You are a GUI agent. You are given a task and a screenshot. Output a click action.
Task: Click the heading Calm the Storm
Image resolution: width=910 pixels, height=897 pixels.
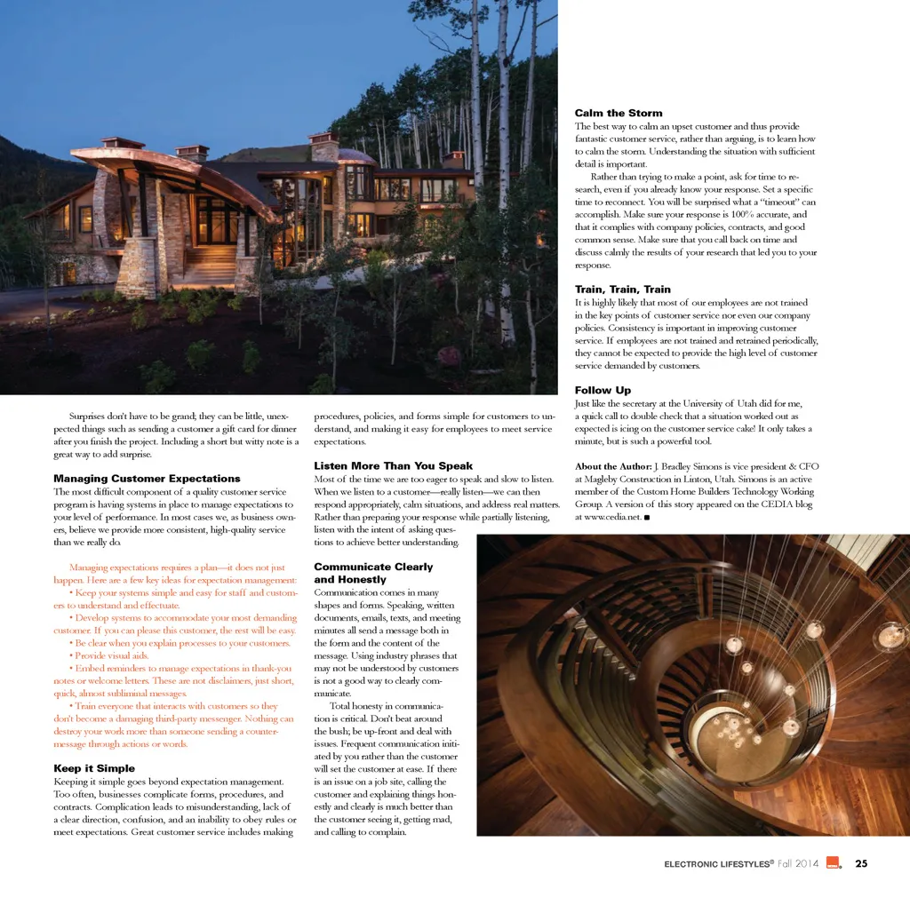tap(618, 113)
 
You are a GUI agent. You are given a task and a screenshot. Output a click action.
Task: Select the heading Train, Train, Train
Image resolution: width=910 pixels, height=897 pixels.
tap(622, 290)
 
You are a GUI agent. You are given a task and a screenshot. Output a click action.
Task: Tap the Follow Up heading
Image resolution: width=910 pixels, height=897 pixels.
tap(603, 390)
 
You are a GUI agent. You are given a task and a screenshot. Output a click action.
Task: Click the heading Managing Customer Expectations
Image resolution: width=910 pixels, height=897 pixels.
tap(147, 479)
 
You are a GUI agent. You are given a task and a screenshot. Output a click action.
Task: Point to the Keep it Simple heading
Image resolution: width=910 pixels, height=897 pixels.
tap(94, 768)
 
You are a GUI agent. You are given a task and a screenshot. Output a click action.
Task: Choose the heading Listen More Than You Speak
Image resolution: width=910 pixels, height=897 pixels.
tap(393, 465)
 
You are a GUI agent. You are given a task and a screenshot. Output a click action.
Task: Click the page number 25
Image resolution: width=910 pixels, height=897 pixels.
tap(861, 863)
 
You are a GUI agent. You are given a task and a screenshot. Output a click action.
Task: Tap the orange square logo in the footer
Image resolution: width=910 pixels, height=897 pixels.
tap(833, 862)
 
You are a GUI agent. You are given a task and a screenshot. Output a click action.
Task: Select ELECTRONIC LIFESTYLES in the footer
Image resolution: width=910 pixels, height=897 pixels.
tap(718, 863)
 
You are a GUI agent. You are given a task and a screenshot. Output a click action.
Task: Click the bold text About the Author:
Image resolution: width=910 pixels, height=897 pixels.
tap(613, 466)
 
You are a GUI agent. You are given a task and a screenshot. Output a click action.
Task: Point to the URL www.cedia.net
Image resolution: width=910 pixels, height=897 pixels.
tap(608, 517)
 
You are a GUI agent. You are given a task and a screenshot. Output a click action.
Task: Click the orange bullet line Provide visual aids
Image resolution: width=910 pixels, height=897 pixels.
tap(112, 655)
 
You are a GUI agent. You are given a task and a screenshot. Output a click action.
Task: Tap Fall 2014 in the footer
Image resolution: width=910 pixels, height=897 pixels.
tap(799, 863)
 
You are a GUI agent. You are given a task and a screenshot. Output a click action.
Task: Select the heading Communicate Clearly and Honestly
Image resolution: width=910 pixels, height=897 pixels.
tap(373, 573)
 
